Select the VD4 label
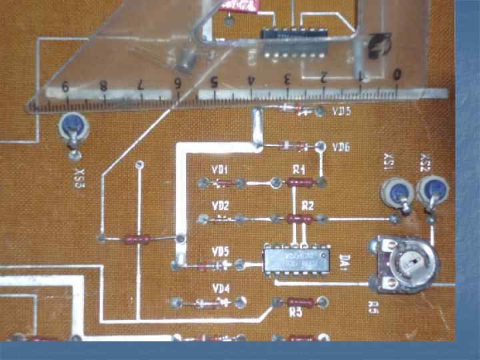point(221,289)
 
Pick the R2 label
point(307,205)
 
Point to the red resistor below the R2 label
point(299,218)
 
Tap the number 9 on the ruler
point(65,85)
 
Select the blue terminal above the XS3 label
point(71,125)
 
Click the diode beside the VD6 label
point(294,145)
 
